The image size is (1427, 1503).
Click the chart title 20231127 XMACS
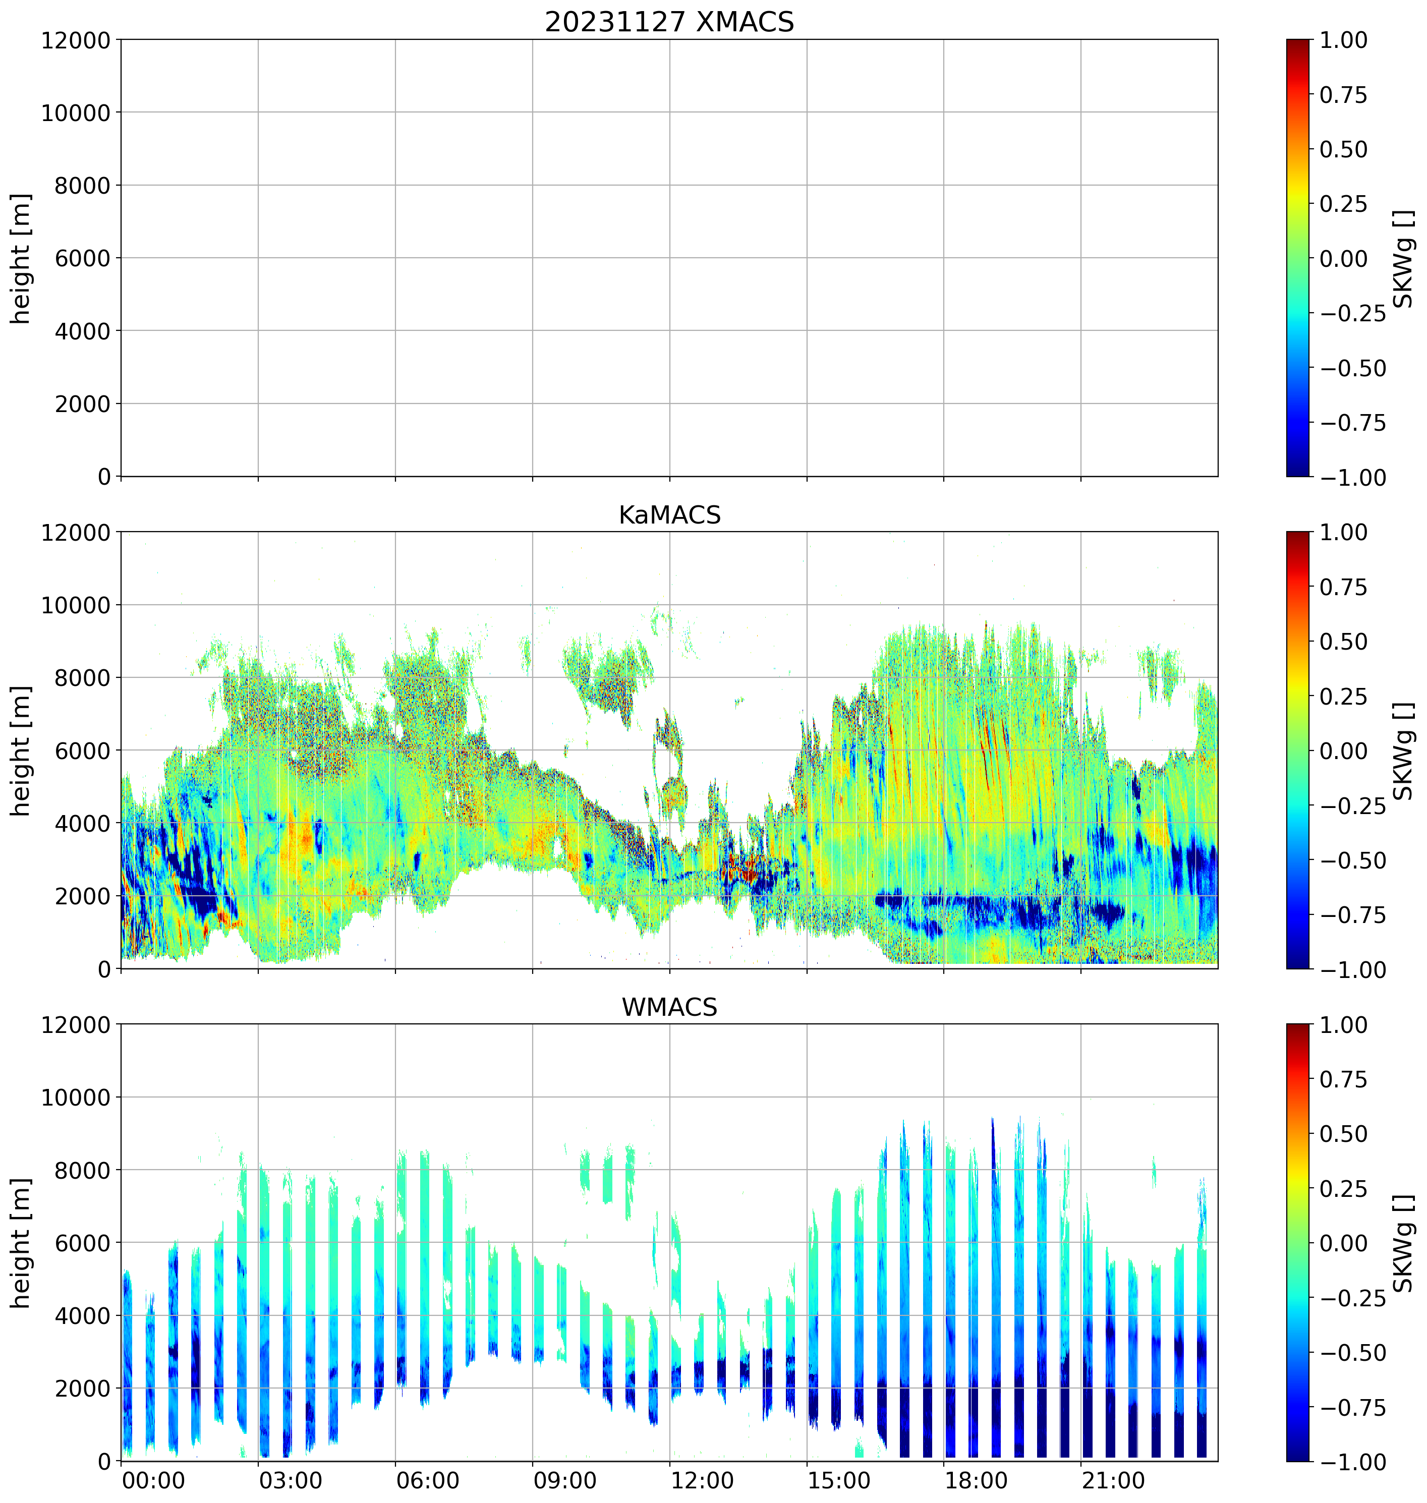pyautogui.click(x=669, y=22)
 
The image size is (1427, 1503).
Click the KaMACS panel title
pyautogui.click(x=669, y=515)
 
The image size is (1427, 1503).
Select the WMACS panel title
pyautogui.click(x=669, y=1007)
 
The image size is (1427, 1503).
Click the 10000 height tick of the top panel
pyautogui.click(x=76, y=112)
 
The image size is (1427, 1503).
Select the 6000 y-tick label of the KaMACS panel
pyautogui.click(x=82, y=750)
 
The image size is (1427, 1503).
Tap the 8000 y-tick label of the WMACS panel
pyautogui.click(x=82, y=1170)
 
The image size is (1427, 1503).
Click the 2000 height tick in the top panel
pyautogui.click(x=82, y=404)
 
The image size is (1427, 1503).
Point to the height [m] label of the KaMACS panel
pyautogui.click(x=21, y=750)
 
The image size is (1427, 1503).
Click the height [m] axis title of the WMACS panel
pyautogui.click(x=21, y=1242)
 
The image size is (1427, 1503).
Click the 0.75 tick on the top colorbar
pyautogui.click(x=1343, y=95)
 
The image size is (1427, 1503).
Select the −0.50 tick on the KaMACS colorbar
pyautogui.click(x=1352, y=860)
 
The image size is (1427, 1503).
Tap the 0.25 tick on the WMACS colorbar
pyautogui.click(x=1343, y=1189)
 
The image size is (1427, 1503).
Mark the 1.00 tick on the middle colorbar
pyautogui.click(x=1343, y=533)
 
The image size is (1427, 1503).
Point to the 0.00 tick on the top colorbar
pyautogui.click(x=1343, y=259)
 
